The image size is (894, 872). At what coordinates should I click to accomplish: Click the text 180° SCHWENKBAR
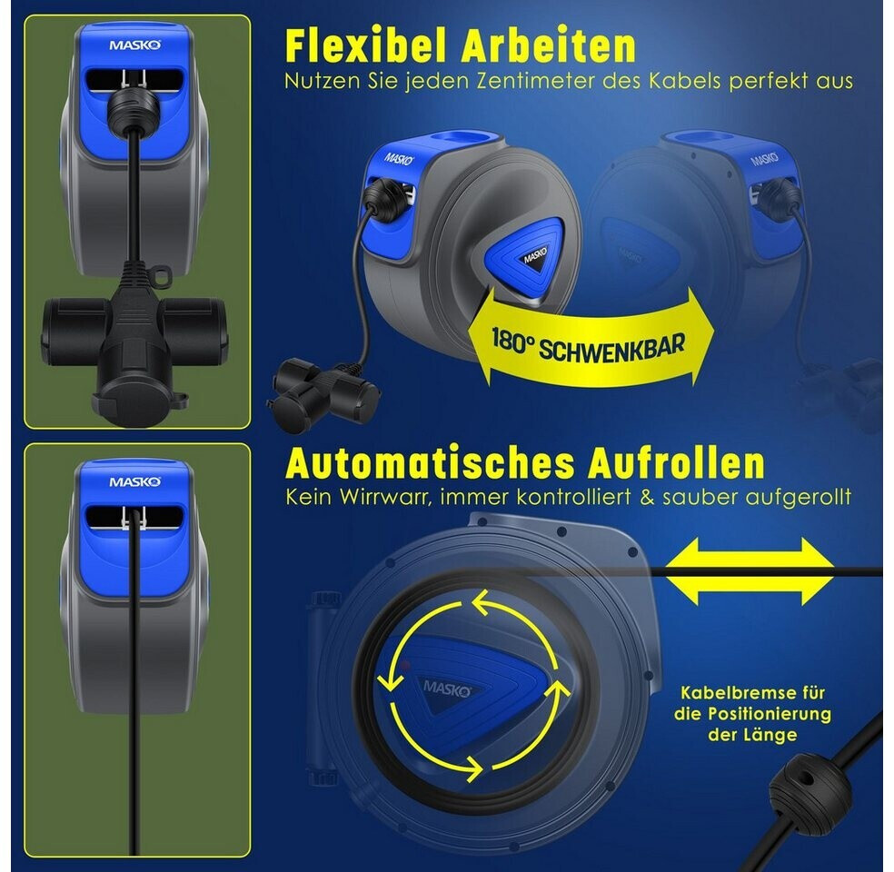click(588, 345)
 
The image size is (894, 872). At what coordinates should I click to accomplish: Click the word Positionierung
click(770, 714)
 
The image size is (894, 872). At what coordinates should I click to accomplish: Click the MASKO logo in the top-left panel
click(135, 45)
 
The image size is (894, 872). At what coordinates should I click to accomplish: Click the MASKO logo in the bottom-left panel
click(135, 482)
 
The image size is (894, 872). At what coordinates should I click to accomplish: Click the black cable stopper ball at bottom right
click(810, 786)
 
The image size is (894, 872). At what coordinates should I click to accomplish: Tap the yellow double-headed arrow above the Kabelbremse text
click(750, 571)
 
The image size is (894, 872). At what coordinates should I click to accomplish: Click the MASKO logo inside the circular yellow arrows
click(447, 689)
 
